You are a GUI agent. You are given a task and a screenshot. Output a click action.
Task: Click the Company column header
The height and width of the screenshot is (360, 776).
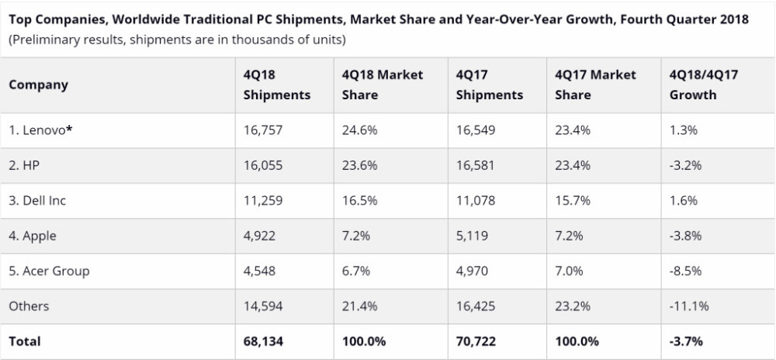coord(38,85)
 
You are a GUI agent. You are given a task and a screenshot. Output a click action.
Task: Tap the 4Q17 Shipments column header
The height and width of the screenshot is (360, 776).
coord(490,85)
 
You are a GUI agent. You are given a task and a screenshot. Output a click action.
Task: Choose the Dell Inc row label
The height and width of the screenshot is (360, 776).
coord(37,200)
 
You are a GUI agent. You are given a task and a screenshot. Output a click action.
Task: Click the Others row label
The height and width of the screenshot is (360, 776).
coord(29,306)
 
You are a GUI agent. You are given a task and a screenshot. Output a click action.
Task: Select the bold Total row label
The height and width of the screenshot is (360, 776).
coord(25,341)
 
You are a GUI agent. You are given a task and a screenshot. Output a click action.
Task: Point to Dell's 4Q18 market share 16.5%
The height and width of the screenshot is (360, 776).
coord(359,200)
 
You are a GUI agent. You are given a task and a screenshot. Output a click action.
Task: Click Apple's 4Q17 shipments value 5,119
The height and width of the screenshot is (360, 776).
coord(473,236)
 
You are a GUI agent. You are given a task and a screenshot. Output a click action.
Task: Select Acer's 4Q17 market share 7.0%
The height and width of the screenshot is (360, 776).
coord(573,271)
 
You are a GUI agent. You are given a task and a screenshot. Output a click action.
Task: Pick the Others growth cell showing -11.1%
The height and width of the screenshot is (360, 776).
coord(688,306)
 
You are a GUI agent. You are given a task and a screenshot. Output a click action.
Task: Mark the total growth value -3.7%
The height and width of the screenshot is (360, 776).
coord(686,341)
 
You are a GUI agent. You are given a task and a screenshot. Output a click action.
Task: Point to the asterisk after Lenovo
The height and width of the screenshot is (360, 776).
coord(69,129)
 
